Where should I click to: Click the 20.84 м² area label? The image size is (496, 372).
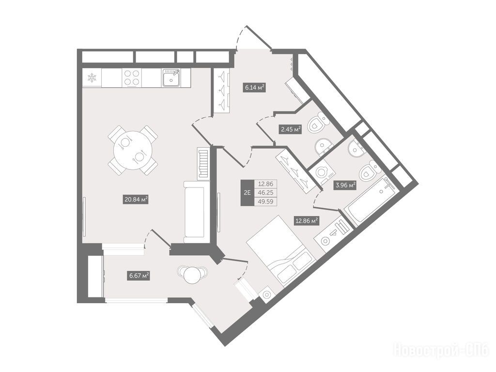point(136,200)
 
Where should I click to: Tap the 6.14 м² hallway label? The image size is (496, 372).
point(254,87)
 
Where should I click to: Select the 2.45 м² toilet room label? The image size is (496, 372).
point(290,129)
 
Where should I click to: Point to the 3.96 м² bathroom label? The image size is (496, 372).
point(345,185)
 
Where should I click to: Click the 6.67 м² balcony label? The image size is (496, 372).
point(139,276)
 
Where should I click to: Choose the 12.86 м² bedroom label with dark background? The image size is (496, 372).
point(307,220)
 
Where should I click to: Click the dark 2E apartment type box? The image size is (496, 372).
point(248,193)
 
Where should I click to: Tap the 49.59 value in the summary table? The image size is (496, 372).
point(266,201)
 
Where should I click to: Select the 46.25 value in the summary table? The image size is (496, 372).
point(266,193)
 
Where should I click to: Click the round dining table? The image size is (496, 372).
point(133,150)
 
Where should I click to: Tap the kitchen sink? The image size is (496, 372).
point(171,77)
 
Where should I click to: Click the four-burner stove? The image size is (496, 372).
point(132,77)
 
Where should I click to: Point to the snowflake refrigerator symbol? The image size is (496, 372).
point(92,77)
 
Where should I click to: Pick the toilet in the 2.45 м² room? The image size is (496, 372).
point(318,124)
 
